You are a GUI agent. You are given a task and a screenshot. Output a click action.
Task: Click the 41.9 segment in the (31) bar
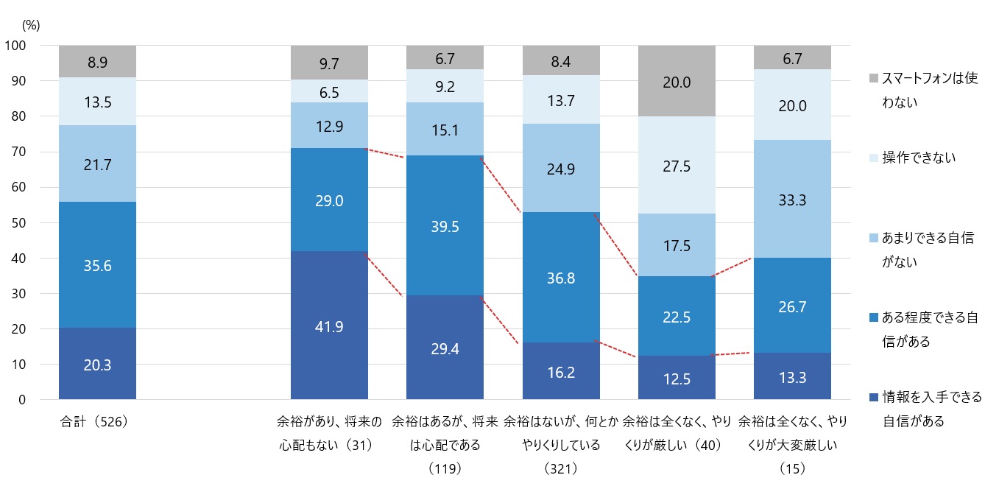[x=329, y=325]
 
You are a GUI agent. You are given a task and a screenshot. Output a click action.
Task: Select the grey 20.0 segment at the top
[x=677, y=81]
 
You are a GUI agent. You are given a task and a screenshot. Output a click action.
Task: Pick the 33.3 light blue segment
[x=792, y=199]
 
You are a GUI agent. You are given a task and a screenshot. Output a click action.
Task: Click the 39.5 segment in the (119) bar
[x=445, y=225]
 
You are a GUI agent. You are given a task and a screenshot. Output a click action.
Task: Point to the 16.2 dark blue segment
[x=561, y=371]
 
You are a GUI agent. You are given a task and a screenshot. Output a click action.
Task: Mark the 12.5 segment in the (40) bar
[x=677, y=378]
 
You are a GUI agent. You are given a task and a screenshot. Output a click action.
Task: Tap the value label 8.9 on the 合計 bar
[x=97, y=63]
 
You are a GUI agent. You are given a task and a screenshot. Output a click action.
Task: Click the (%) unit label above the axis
[x=31, y=24]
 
